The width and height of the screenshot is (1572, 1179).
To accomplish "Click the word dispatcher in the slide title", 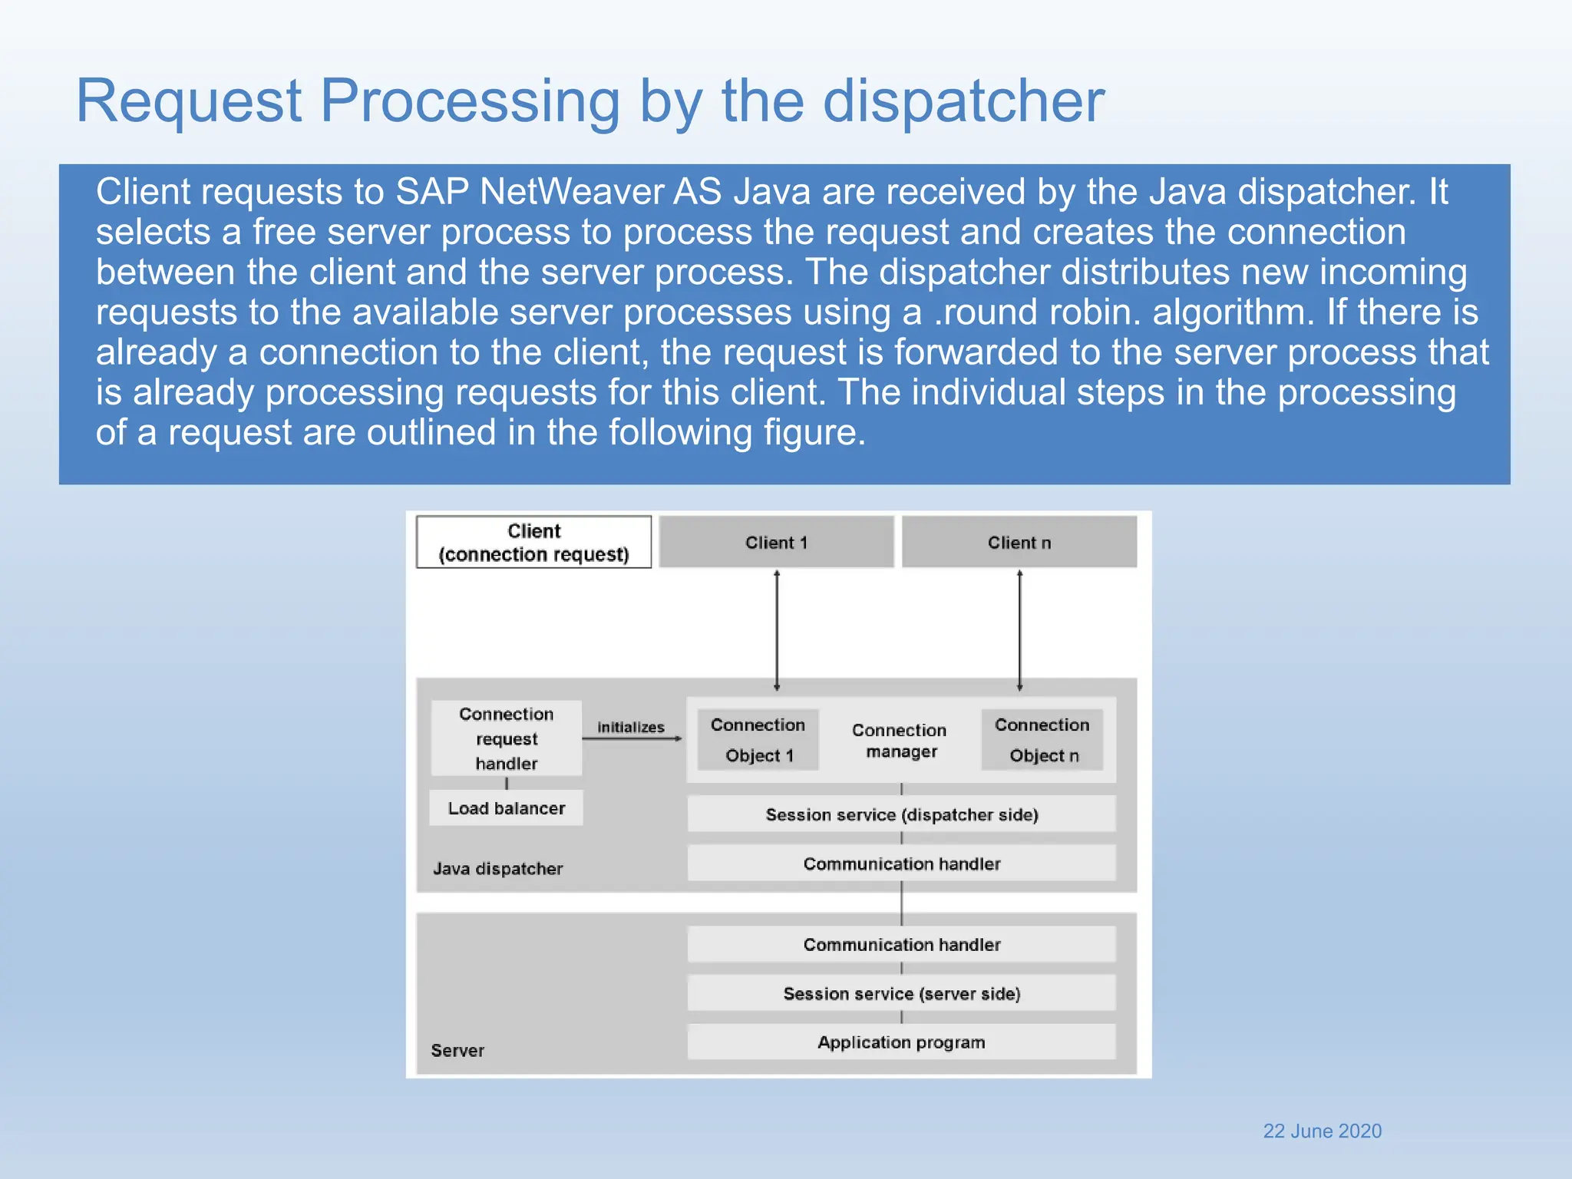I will tap(963, 101).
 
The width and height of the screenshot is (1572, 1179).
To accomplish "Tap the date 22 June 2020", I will tap(1322, 1131).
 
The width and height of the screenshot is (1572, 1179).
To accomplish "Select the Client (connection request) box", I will tap(533, 542).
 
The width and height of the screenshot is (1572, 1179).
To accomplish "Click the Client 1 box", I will tap(776, 542).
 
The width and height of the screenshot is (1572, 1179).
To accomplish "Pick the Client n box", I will tap(1019, 542).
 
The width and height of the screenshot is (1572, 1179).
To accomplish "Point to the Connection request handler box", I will tap(506, 738).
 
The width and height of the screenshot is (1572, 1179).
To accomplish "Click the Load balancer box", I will tap(506, 808).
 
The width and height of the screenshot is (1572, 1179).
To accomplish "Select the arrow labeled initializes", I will tap(632, 738).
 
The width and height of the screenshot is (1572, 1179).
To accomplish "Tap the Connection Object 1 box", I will tap(758, 740).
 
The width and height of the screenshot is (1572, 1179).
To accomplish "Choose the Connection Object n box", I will tap(1042, 740).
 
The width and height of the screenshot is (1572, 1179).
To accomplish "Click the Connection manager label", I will tap(900, 740).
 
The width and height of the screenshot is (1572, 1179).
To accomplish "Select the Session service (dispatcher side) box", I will tap(901, 814).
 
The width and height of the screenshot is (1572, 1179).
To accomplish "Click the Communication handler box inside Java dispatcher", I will tap(901, 864).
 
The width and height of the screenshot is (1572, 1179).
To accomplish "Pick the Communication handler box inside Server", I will tap(901, 944).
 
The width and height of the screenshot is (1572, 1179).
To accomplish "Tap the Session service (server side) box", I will tap(901, 993).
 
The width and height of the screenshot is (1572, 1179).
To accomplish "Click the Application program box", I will tap(901, 1042).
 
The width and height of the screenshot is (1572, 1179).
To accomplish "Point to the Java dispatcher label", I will tap(497, 868).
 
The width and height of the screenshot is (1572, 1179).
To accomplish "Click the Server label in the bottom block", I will tap(457, 1050).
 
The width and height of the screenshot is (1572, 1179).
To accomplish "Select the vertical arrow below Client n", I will tap(1019, 629).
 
